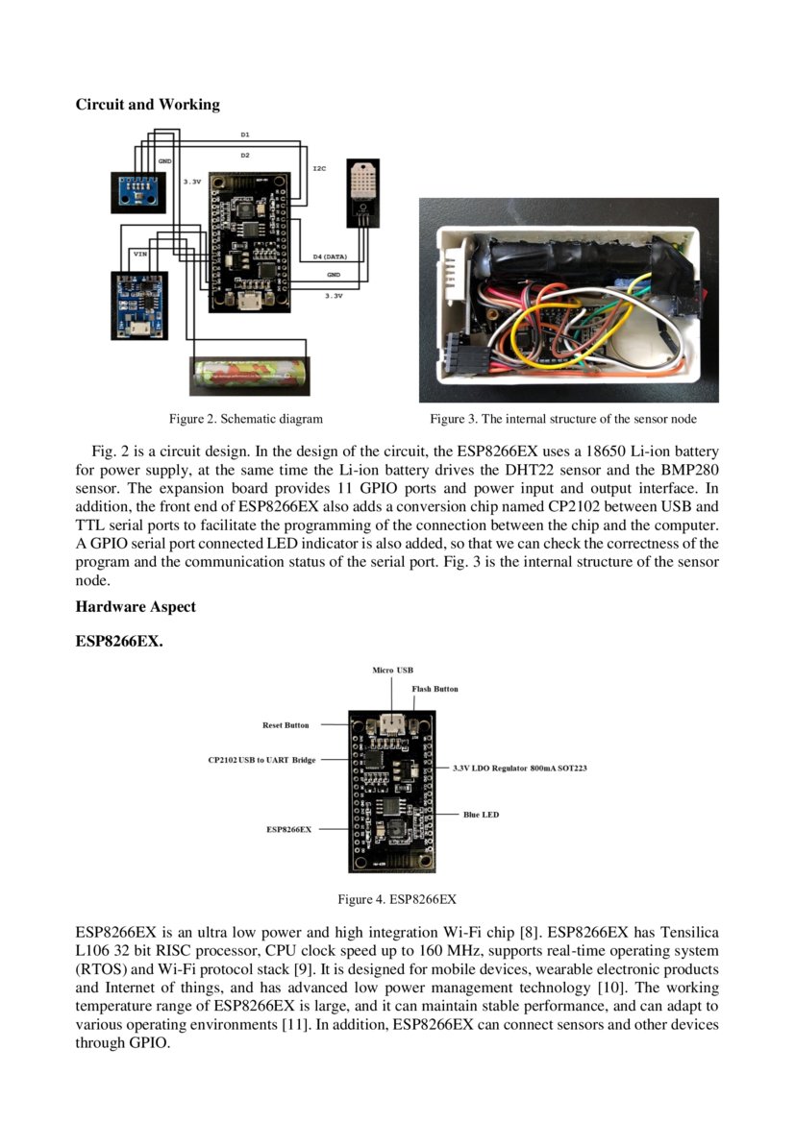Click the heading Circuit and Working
pos(147,105)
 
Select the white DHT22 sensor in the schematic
pos(362,186)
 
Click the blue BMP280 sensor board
pos(138,191)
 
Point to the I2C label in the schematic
pos(319,168)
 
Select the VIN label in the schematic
pos(140,255)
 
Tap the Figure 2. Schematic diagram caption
pos(245,419)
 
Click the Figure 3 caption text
pos(562,419)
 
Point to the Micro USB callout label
pos(392,670)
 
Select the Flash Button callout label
pos(435,689)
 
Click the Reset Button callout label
pos(286,725)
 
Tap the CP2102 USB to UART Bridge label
pos(261,760)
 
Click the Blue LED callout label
pos(481,815)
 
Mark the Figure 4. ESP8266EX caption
pos(396,899)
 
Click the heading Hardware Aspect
pos(136,606)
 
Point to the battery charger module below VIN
pos(139,301)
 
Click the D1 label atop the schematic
pos(245,134)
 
